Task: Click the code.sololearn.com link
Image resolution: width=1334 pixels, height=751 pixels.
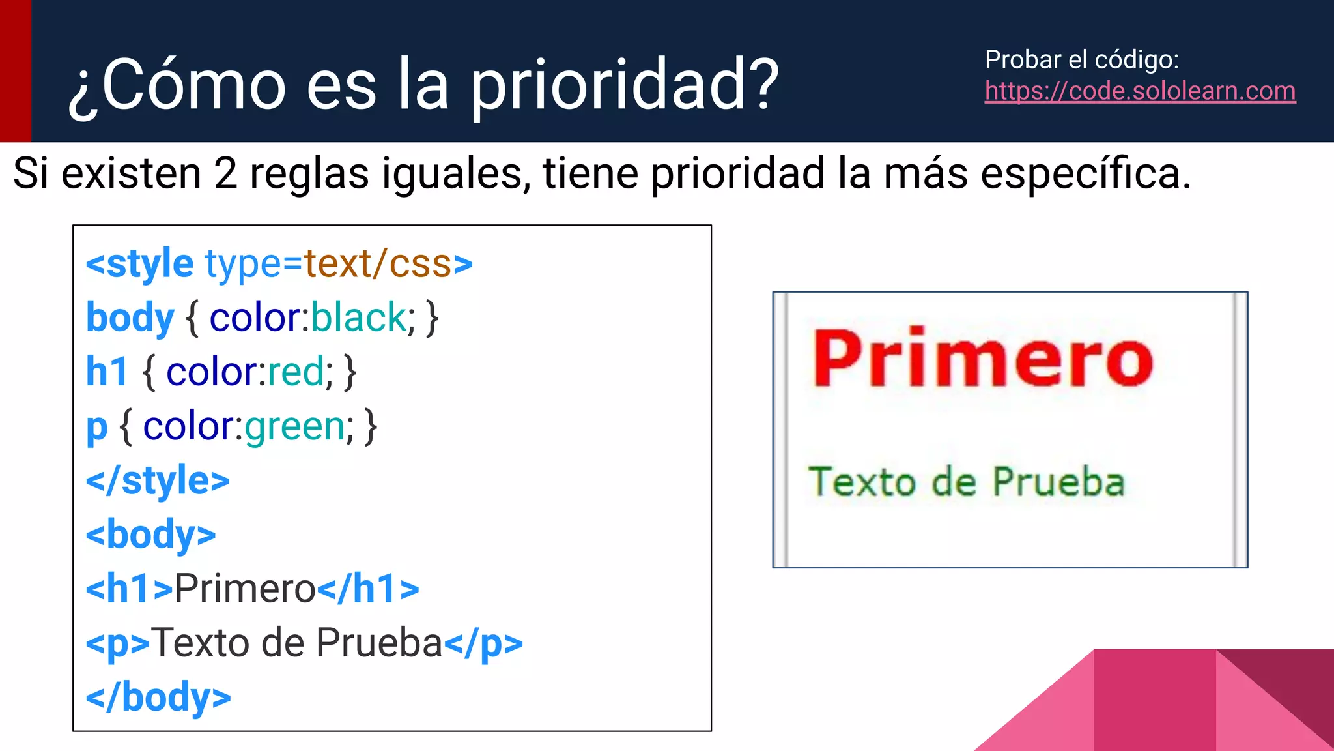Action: [x=1140, y=91]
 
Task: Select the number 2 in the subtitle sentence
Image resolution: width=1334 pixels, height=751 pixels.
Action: [x=225, y=174]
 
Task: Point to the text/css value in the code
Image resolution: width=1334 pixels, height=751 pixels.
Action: [x=378, y=264]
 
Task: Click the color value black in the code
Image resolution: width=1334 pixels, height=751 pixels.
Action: [x=359, y=318]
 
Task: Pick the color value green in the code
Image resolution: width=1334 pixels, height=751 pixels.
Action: [x=295, y=427]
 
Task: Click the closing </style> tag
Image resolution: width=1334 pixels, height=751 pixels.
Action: [x=158, y=481]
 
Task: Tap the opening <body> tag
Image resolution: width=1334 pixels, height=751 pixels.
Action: [x=150, y=535]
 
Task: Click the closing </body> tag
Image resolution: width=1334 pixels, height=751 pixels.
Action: [x=158, y=698]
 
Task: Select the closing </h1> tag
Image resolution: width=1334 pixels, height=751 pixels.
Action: [x=368, y=589]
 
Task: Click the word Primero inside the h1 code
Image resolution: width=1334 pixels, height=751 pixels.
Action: [x=245, y=589]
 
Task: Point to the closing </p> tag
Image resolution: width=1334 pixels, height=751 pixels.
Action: [x=483, y=643]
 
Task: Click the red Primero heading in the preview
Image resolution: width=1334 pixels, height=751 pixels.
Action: [x=982, y=359]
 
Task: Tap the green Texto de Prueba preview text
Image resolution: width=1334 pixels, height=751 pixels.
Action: [x=967, y=482]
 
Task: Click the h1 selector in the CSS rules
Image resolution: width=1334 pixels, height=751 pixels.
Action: [x=107, y=372]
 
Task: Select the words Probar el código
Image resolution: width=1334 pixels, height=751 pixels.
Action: [x=1082, y=60]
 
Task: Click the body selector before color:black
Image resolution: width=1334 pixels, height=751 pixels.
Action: [x=130, y=318]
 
